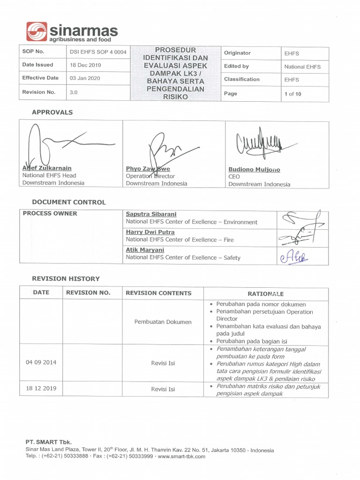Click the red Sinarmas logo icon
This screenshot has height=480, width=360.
(x=37, y=32)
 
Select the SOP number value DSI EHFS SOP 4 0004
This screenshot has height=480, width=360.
(x=98, y=52)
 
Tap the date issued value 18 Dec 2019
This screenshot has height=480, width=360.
(x=85, y=65)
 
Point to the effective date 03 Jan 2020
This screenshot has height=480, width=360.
(x=85, y=78)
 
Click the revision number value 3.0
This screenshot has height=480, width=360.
(x=73, y=92)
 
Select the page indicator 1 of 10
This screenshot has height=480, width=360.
(x=292, y=94)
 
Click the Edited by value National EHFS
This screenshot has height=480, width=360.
(x=302, y=67)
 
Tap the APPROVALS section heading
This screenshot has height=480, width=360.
(x=52, y=112)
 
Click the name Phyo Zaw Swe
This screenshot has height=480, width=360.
(x=148, y=169)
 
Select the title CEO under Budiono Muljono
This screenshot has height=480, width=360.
(x=234, y=177)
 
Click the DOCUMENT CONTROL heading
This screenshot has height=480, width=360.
(x=68, y=202)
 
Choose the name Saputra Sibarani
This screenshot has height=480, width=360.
(x=151, y=214)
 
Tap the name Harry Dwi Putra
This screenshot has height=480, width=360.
(x=150, y=232)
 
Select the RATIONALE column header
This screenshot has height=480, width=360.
(x=265, y=294)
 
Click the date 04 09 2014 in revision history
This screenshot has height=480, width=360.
(x=41, y=362)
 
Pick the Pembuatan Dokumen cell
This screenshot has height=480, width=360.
(x=163, y=322)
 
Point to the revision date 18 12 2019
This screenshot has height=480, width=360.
(x=41, y=389)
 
